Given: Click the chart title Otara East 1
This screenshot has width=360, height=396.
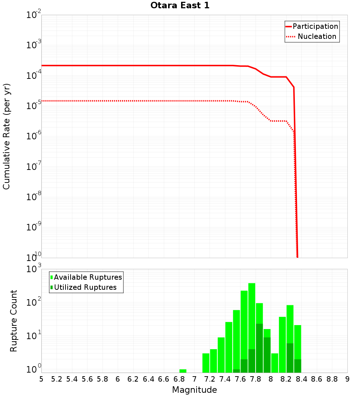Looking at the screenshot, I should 180,6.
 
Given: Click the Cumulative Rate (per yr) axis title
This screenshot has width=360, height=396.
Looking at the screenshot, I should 6,136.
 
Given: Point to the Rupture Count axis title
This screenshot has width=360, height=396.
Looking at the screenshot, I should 14,321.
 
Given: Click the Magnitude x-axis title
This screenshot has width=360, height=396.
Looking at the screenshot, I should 194,390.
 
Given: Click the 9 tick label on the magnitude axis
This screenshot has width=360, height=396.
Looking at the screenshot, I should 347,379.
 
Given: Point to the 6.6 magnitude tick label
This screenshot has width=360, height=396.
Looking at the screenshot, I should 164,379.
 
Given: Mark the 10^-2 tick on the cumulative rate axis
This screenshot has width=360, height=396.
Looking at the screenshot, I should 34,15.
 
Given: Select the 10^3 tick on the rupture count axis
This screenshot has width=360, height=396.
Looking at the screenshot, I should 35,269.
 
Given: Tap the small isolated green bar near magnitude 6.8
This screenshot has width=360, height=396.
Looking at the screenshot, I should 183,371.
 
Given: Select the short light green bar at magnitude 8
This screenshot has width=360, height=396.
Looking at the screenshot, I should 275,363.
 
